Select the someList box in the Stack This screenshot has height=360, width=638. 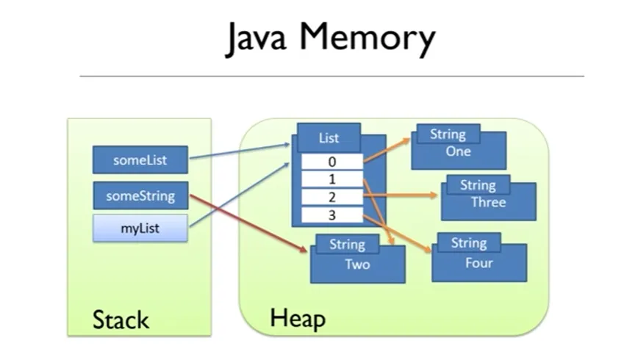(140, 160)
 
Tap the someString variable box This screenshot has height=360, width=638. (140, 196)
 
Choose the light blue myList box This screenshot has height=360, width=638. (140, 228)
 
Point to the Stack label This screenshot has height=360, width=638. (121, 320)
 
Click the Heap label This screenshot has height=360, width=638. (297, 318)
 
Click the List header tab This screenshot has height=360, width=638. (329, 138)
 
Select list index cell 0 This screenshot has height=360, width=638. (332, 162)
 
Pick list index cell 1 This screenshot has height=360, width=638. (332, 179)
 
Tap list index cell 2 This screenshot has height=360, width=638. (332, 197)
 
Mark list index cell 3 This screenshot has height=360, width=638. (332, 215)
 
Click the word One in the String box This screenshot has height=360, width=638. (458, 151)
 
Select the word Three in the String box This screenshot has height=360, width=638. (488, 202)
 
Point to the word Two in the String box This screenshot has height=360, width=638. (357, 264)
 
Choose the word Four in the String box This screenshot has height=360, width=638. (478, 262)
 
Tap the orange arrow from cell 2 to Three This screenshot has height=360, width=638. (401, 196)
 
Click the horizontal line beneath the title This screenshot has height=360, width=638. (331, 76)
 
